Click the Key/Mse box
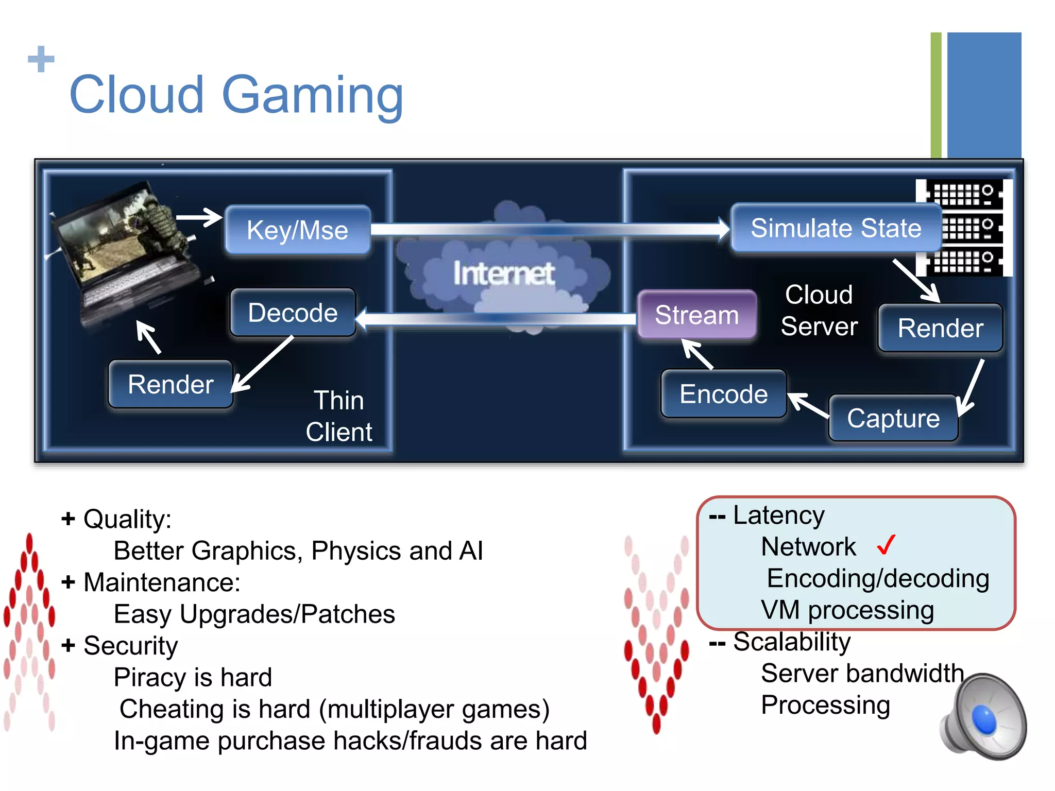(x=298, y=230)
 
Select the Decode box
(x=293, y=313)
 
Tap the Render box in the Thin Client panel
(x=171, y=384)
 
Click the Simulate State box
(x=836, y=228)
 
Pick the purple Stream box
(x=696, y=315)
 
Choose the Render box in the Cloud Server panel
(x=940, y=328)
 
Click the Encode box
(x=723, y=394)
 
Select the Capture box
(x=893, y=418)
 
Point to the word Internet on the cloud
(x=504, y=273)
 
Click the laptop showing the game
(x=129, y=252)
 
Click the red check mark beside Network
(x=886, y=545)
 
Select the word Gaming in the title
(x=312, y=95)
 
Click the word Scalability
(x=792, y=642)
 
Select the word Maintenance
(x=161, y=582)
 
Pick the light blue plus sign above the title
(x=41, y=59)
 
